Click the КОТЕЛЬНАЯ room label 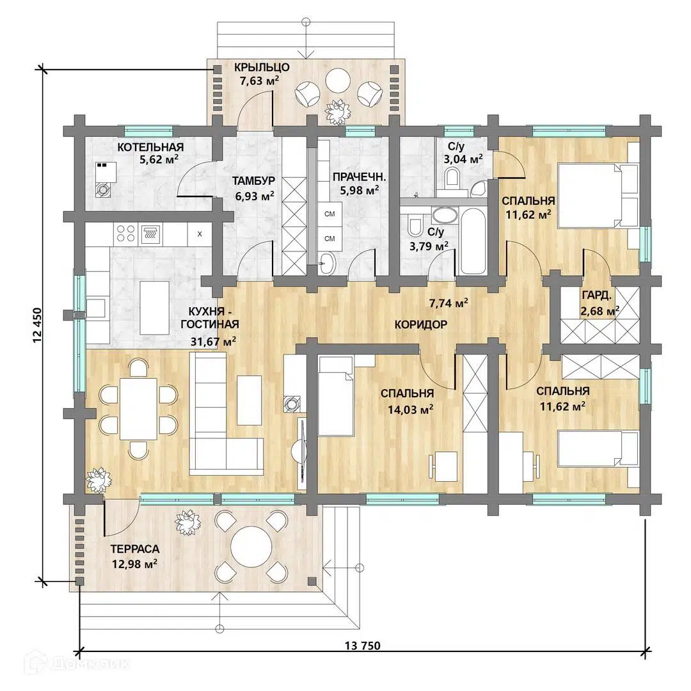[x=150, y=147]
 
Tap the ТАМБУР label [x=253, y=180]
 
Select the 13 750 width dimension [x=362, y=646]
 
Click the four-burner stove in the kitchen [x=125, y=234]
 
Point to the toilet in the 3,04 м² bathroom [x=452, y=178]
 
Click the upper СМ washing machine [x=330, y=214]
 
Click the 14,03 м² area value [x=410, y=410]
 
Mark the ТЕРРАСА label [x=135, y=549]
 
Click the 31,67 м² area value [x=213, y=341]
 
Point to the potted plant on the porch [x=337, y=112]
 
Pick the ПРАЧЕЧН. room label [x=359, y=177]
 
